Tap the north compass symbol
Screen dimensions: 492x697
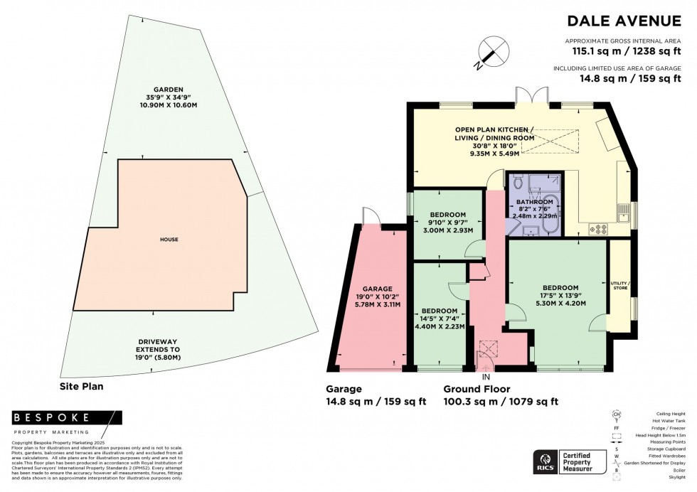(x=491, y=52)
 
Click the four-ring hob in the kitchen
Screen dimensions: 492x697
(x=598, y=229)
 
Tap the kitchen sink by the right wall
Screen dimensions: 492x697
(x=624, y=211)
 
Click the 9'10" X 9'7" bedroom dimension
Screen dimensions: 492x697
(x=447, y=223)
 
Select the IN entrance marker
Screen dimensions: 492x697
(x=486, y=376)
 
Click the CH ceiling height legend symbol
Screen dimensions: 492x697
(x=616, y=414)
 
